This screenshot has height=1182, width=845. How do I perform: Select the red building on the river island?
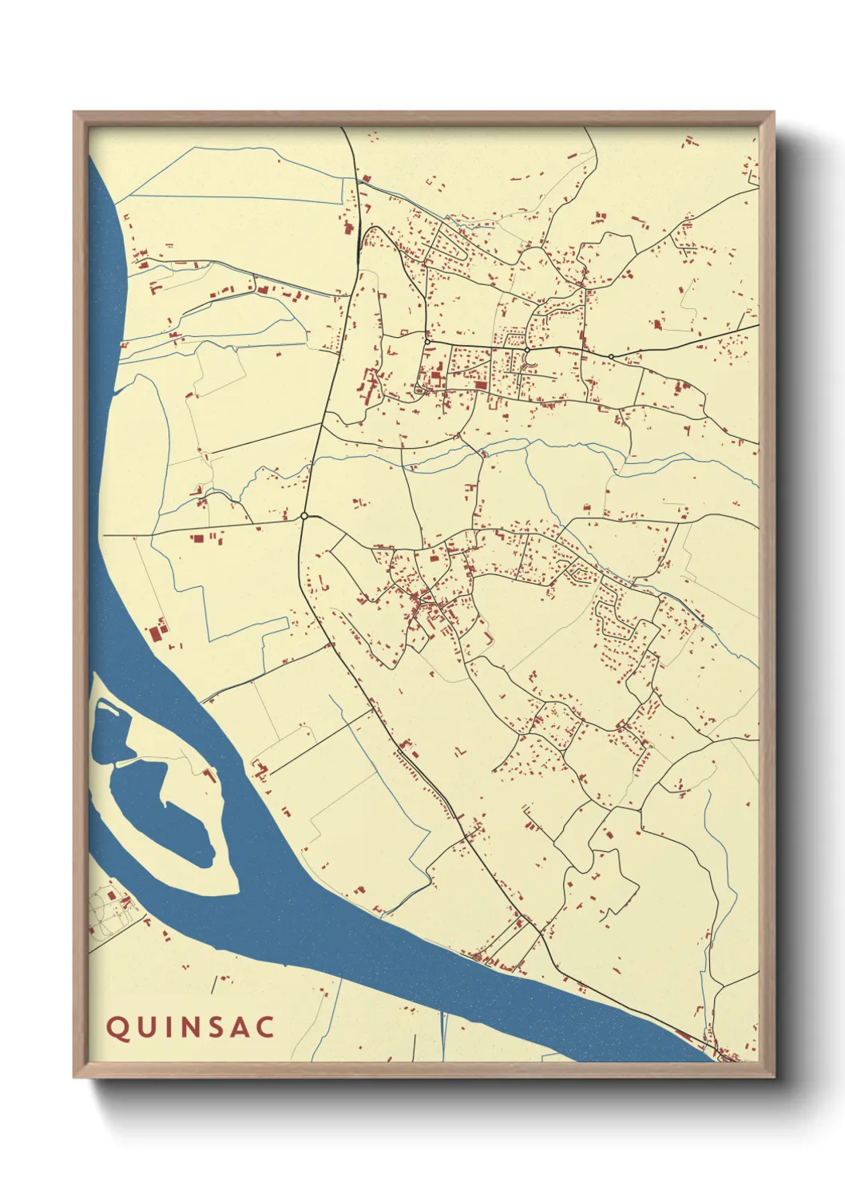point(211,774)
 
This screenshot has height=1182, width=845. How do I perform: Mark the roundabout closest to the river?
point(304,516)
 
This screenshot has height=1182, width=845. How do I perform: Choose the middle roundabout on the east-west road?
point(527,350)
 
